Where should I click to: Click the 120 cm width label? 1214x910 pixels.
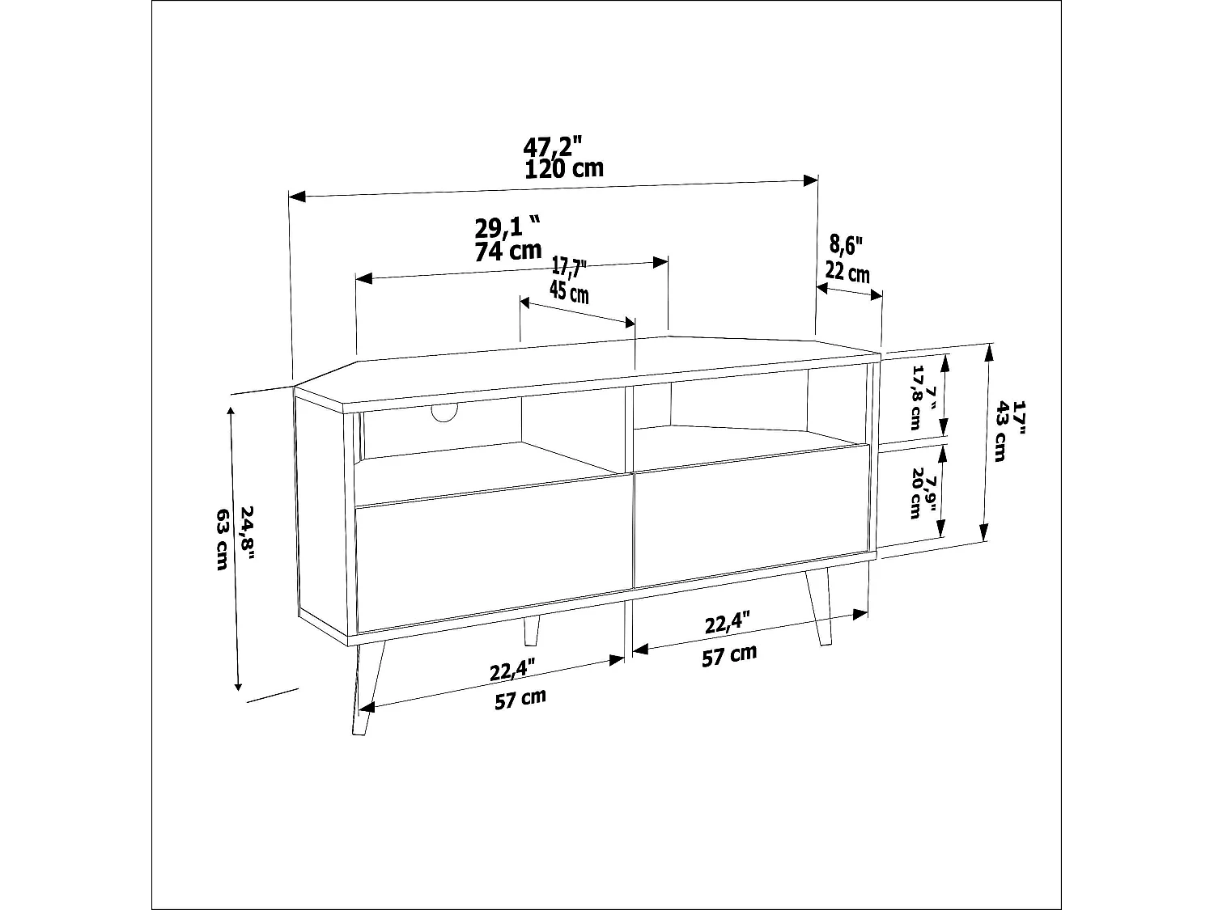coord(564,169)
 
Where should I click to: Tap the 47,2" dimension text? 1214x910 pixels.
coord(554,147)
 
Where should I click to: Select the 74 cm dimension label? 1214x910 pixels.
coord(507,250)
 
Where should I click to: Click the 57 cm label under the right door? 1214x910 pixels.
coord(729,655)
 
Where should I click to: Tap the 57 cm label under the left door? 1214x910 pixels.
coord(520,698)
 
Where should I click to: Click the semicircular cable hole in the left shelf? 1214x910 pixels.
coord(444,413)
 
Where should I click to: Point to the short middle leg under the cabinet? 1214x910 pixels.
coord(531,632)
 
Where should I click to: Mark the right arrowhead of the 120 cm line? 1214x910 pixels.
coord(812,180)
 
